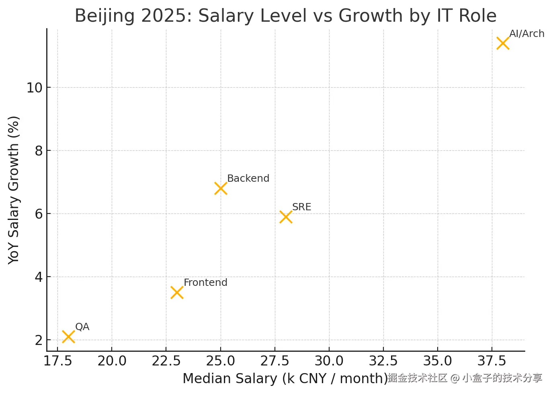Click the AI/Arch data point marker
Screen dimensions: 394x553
(503, 43)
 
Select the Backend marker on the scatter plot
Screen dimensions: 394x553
(221, 188)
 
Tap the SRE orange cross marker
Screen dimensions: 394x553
(286, 217)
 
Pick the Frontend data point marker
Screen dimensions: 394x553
(177, 292)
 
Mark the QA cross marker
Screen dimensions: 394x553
(68, 337)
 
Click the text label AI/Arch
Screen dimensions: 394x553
(526, 34)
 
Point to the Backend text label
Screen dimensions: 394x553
(248, 178)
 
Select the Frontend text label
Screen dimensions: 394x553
(205, 282)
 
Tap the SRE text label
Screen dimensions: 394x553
(301, 207)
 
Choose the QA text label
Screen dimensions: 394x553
(82, 326)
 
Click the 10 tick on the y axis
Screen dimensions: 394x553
(35, 88)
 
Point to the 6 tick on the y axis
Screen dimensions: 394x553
(39, 214)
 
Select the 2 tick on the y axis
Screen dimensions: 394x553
(39, 340)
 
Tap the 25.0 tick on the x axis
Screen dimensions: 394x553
(220, 361)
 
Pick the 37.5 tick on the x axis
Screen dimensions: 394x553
(492, 361)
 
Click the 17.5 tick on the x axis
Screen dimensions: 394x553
(57, 361)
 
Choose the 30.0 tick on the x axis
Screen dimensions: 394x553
(329, 361)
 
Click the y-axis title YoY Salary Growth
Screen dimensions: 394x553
(14, 190)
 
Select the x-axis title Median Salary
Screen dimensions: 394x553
(285, 378)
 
